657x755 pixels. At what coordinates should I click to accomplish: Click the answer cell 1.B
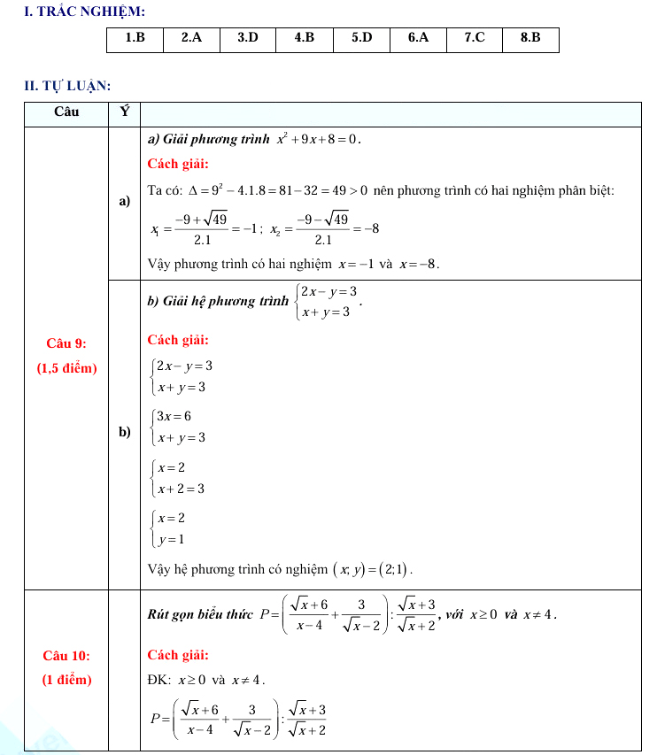pos(135,38)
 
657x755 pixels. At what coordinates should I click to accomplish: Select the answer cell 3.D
pos(248,38)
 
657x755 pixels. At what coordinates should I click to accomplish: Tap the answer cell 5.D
pos(361,38)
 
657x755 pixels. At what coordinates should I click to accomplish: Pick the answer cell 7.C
pos(475,38)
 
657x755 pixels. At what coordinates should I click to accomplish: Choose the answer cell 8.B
pos(530,38)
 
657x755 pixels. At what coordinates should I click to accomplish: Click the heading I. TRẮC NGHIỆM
pos(73,11)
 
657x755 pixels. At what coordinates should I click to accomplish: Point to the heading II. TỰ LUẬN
pos(67,85)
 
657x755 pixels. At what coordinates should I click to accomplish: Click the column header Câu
pos(66,112)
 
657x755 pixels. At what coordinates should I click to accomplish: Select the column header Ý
pos(124,112)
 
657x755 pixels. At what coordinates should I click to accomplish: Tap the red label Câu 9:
pos(66,343)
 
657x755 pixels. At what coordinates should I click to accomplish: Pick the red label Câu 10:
pos(66,656)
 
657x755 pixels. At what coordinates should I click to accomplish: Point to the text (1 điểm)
pos(66,681)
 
